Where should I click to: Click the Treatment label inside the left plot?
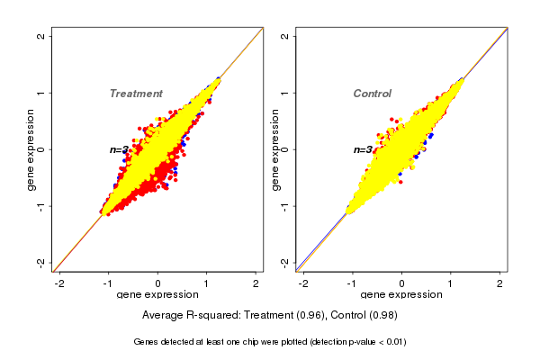click(136, 94)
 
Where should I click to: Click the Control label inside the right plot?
click(372, 94)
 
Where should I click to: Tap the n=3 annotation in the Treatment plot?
click(120, 149)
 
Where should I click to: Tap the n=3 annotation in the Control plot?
click(363, 149)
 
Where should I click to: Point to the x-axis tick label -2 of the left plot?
click(60, 284)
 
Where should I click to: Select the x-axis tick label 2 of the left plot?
click(256, 284)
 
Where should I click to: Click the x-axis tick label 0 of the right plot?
click(401, 284)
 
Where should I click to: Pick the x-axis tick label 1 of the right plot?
click(451, 284)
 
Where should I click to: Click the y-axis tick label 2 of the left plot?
click(41, 36)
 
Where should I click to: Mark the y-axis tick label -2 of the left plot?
click(41, 262)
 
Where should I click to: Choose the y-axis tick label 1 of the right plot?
click(285, 93)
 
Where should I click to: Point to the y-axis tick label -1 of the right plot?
click(285, 206)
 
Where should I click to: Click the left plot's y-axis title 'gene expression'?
click(31, 149)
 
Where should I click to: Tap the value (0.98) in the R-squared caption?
click(381, 315)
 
